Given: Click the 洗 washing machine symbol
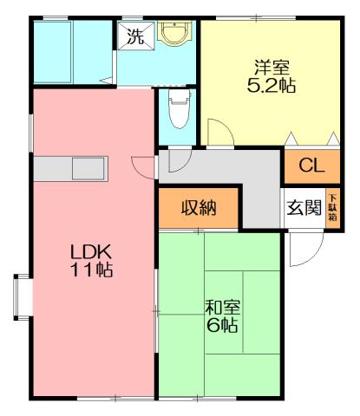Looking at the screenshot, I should pos(134,36).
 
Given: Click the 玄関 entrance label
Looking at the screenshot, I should pos(304,208).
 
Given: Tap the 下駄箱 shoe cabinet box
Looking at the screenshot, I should pos(332,208).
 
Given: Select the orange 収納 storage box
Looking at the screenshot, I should pos(198,208).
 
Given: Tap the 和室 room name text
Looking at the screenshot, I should pos(223,308).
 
